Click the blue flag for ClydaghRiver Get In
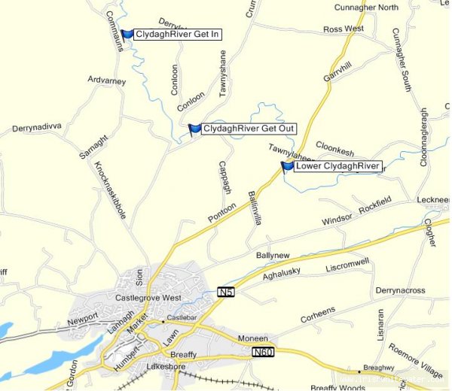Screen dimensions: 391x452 coord(127,35)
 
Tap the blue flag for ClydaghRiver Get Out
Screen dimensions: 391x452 coord(194,129)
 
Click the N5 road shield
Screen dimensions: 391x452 coord(225,291)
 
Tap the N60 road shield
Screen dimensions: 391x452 coord(262,352)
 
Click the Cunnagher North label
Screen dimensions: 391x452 coord(366,8)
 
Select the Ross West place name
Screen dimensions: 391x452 coord(343,29)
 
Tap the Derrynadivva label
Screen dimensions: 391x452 coord(36,128)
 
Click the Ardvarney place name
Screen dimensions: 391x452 coord(108,79)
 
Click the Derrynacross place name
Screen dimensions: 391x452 coord(401,290)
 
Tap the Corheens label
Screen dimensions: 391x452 coord(318,312)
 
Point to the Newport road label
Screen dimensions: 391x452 coord(83,318)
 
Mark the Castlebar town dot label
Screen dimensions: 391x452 coord(181,321)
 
